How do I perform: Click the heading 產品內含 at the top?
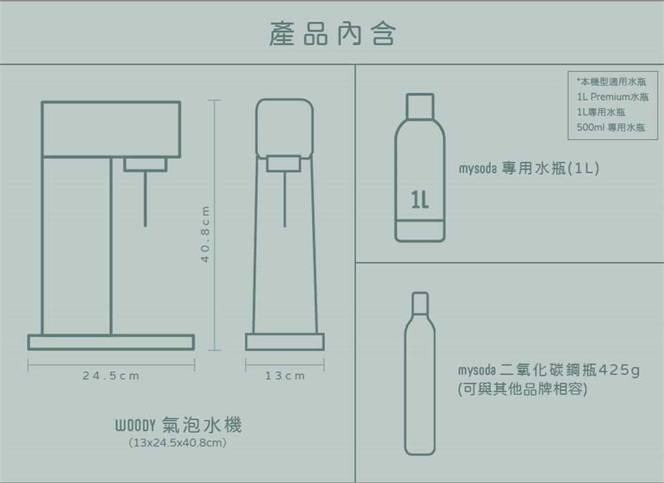[333, 34]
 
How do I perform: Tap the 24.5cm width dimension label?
[111, 376]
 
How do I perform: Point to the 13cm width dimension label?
[285, 376]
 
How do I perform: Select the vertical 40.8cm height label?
[205, 234]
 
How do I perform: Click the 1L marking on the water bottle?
[420, 200]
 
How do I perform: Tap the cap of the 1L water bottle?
[420, 106]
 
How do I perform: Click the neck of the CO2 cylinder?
[420, 303]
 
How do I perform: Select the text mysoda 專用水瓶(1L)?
[529, 169]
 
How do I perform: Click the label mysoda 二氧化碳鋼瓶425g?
[548, 370]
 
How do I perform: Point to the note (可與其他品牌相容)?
[523, 389]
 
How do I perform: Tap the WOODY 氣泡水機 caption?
[178, 425]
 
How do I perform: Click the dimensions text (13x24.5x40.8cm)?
[178, 443]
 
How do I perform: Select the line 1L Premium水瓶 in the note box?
[612, 97]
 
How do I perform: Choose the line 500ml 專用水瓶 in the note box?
[611, 127]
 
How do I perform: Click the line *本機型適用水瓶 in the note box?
[611, 82]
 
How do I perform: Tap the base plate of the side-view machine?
[111, 342]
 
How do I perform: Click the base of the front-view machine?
[284, 342]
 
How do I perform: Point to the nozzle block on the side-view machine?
[145, 164]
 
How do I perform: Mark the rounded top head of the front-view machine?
[284, 128]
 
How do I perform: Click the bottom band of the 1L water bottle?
[420, 231]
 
